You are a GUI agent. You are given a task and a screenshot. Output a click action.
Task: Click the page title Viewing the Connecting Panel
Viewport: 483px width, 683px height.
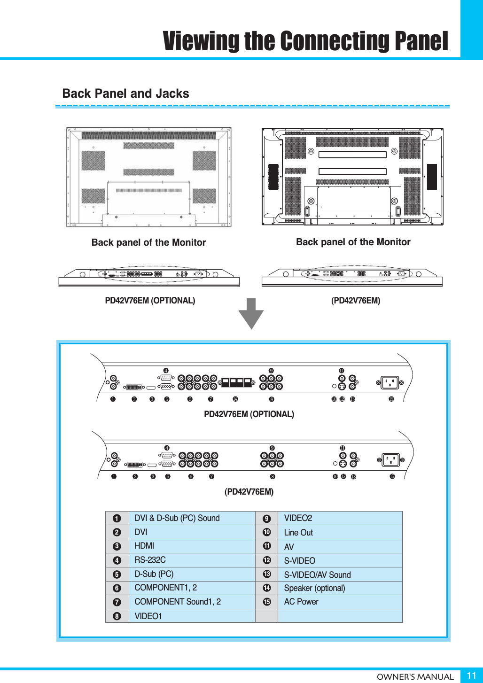click(305, 41)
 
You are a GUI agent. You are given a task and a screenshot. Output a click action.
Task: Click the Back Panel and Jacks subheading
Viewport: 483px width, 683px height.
click(125, 93)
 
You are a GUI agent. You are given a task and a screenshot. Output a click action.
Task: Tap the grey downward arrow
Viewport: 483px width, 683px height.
click(251, 313)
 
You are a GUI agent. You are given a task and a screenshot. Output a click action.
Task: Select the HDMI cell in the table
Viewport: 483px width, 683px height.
click(144, 546)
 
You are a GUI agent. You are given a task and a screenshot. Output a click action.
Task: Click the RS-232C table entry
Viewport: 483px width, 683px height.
click(150, 560)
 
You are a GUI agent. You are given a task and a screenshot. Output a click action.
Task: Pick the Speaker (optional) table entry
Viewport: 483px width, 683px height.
click(314, 588)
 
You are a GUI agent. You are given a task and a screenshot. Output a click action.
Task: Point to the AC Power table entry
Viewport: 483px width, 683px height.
click(301, 602)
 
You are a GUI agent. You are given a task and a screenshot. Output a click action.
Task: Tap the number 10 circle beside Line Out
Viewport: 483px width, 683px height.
click(267, 532)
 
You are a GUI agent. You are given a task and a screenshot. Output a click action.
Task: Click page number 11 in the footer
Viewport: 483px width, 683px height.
click(471, 675)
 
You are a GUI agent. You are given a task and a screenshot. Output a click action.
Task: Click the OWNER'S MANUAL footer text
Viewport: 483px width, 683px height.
click(415, 677)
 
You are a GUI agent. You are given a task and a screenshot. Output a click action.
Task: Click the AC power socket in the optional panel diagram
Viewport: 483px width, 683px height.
click(390, 383)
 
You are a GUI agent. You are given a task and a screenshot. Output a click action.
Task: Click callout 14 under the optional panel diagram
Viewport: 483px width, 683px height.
click(235, 399)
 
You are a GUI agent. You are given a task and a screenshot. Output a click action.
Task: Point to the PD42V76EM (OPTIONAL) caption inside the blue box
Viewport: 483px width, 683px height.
click(249, 414)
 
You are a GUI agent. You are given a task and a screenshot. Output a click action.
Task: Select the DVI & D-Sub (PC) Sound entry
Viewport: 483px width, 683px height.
click(177, 518)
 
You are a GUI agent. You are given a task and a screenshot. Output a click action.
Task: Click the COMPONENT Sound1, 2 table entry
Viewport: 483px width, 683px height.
click(177, 602)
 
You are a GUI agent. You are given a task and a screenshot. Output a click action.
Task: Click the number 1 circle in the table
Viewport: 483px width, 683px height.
click(117, 519)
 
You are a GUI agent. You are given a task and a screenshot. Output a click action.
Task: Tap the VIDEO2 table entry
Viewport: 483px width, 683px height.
click(298, 518)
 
